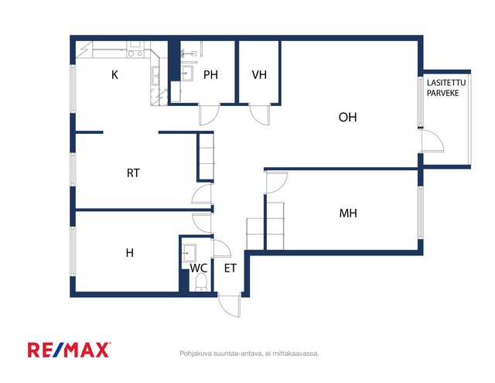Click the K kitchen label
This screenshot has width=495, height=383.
115,75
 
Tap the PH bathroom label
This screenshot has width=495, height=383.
210,75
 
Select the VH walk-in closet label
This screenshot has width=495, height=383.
259,75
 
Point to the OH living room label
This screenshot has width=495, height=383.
347,117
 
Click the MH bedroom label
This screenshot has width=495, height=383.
348,213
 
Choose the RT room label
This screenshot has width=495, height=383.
133,173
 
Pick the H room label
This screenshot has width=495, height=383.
129,252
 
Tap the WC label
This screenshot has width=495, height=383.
198,268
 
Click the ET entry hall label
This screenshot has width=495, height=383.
230,268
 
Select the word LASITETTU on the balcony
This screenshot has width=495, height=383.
446,83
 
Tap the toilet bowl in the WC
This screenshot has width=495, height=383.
201,282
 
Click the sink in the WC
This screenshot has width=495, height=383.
189,253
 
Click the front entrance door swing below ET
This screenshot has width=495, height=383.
229,306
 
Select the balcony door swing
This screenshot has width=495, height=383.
433,141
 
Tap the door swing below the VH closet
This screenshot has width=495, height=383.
260,115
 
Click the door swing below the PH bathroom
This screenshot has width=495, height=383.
209,115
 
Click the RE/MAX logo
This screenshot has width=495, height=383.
69,350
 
